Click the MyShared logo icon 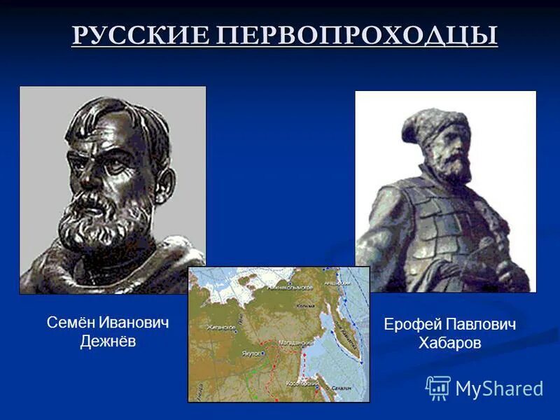pyautogui.click(x=437, y=388)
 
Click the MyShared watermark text pyautogui.click(x=499, y=388)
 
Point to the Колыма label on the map pyautogui.click(x=305, y=307)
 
